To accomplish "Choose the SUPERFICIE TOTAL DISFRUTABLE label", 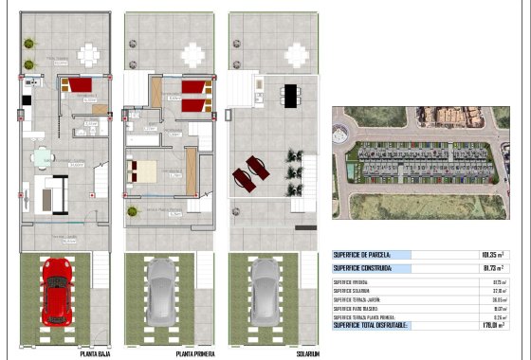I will coord(371,326).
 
